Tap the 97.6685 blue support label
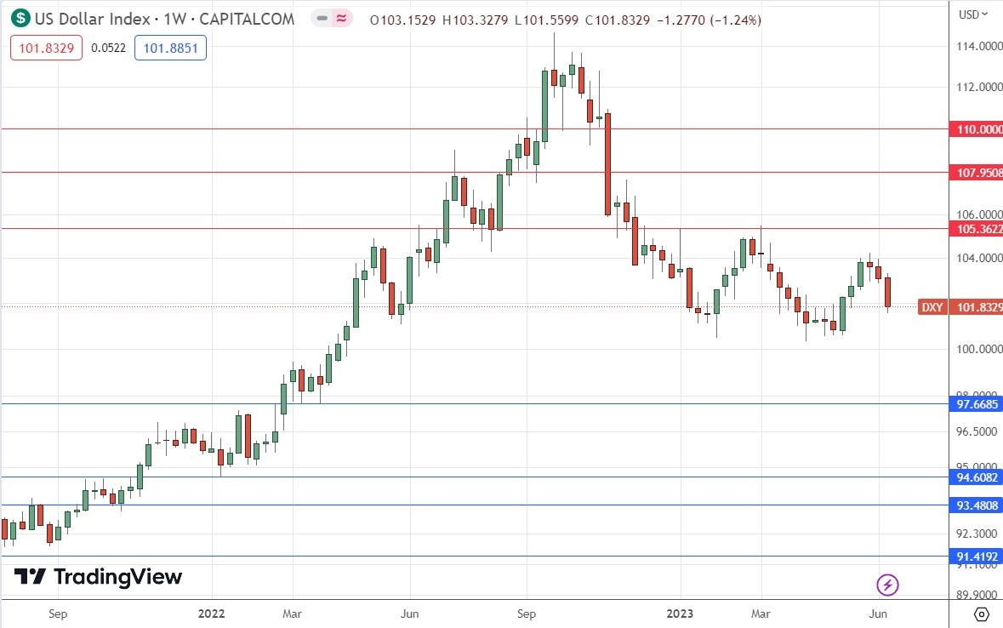pos(977,404)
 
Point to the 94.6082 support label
pos(977,477)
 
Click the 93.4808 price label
pos(977,505)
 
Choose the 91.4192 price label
pos(977,557)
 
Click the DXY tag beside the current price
pos(932,307)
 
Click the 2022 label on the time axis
pos(212,613)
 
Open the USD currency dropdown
pos(973,14)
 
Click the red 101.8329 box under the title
pos(46,49)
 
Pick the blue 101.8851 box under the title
pos(170,49)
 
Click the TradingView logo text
pos(117,577)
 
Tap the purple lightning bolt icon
pos(887,585)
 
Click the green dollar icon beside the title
pos(20,18)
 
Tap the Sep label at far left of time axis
pos(58,613)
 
